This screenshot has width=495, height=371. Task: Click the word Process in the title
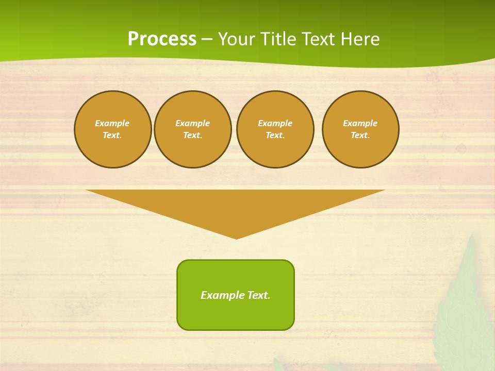point(162,39)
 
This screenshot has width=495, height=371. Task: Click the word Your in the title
point(237,39)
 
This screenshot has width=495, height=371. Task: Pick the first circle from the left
point(113,129)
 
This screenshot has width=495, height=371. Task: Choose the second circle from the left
point(193,129)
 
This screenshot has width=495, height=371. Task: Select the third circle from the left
point(275,129)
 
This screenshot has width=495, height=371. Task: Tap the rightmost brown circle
point(360,129)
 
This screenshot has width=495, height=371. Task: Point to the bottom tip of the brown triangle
point(236,238)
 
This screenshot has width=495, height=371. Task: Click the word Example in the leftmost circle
point(112,123)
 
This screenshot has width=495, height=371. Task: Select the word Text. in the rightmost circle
point(360,136)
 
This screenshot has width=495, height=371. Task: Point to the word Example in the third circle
point(275,123)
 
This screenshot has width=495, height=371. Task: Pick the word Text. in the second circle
point(193,136)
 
